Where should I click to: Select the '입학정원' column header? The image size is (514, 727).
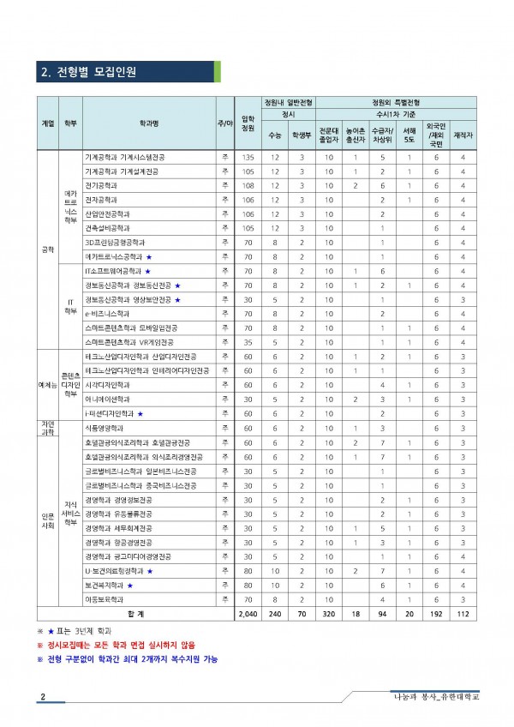point(248,123)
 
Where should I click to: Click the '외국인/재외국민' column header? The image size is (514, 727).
point(434,135)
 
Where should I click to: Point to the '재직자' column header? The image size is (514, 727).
point(463,135)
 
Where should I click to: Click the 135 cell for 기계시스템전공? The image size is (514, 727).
point(248,158)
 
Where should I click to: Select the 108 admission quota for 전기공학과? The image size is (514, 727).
point(248,185)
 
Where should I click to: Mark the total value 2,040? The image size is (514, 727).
point(248,615)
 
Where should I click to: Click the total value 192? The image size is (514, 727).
point(434,615)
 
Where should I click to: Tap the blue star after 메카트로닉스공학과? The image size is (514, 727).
point(148,255)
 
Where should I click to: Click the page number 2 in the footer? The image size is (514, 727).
point(42,696)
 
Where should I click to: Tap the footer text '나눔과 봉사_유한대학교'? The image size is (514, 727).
point(431,696)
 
